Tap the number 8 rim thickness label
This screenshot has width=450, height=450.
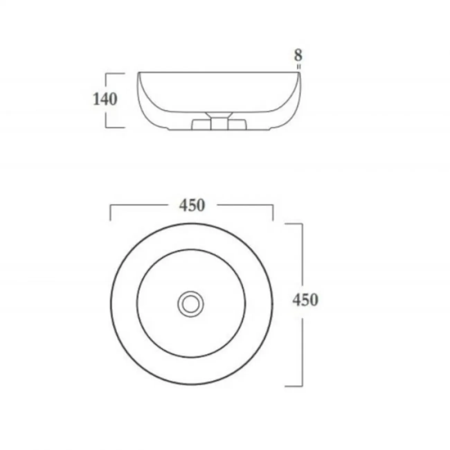[298, 55]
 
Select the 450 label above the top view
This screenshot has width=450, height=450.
[192, 206]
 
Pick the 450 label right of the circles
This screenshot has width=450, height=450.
[305, 300]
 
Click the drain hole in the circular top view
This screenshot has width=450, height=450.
[190, 304]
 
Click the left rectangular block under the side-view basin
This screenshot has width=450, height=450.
[201, 125]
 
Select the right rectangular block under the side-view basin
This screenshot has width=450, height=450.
[237, 125]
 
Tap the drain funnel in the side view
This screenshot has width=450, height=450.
[219, 115]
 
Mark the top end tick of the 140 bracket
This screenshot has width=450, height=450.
[115, 73]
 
